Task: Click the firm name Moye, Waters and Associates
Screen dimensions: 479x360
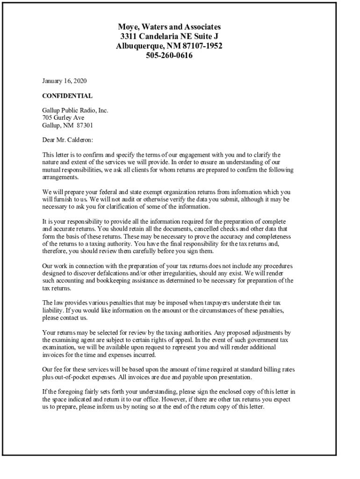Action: coord(169,27)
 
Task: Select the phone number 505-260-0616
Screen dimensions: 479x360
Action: coord(169,56)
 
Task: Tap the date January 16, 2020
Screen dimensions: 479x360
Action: coord(65,81)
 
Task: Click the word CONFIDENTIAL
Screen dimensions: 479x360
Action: coord(67,96)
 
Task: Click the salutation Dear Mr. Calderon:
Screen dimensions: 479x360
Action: coord(68,139)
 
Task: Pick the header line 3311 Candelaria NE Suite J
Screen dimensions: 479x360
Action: coord(169,36)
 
